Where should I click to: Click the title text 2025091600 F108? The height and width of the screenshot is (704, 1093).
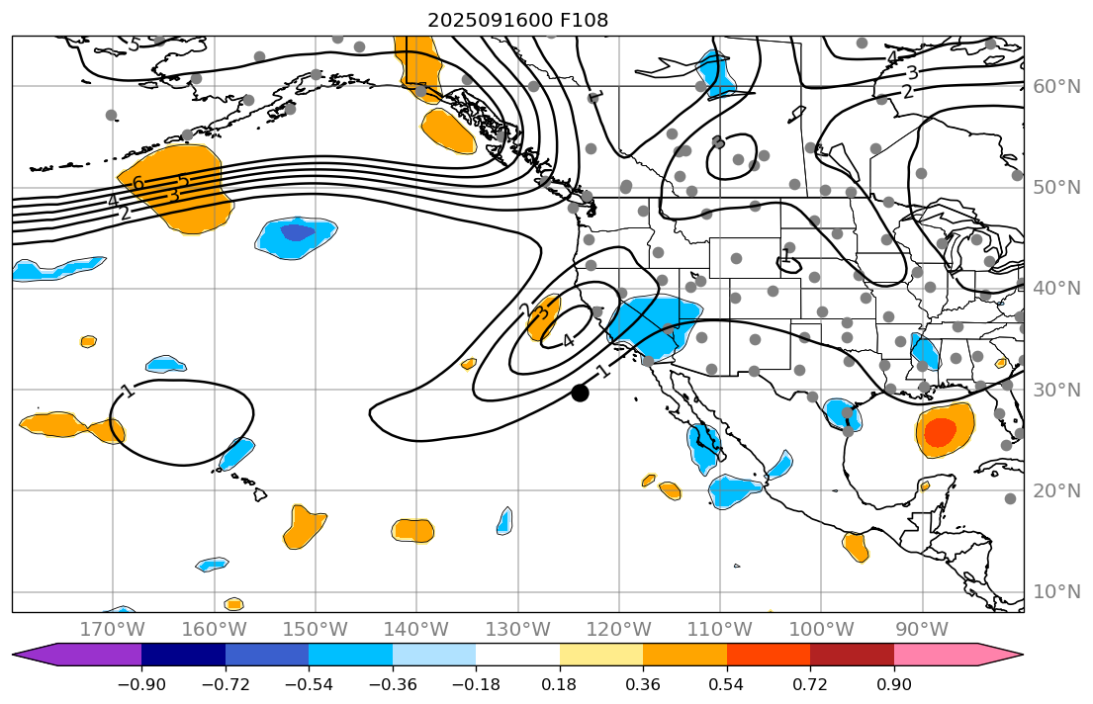coord(517,20)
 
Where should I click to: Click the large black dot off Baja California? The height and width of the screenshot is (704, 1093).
coord(580,393)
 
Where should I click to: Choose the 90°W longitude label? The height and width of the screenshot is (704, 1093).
coord(922,630)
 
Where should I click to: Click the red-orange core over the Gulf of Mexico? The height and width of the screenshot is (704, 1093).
coord(939,431)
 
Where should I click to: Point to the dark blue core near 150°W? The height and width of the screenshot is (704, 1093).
coord(297,233)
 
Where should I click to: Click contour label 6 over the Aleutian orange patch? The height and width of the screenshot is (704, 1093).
coord(137,183)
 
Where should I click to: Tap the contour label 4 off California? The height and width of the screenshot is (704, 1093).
coord(567,341)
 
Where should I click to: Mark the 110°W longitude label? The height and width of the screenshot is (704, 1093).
coord(720,630)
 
